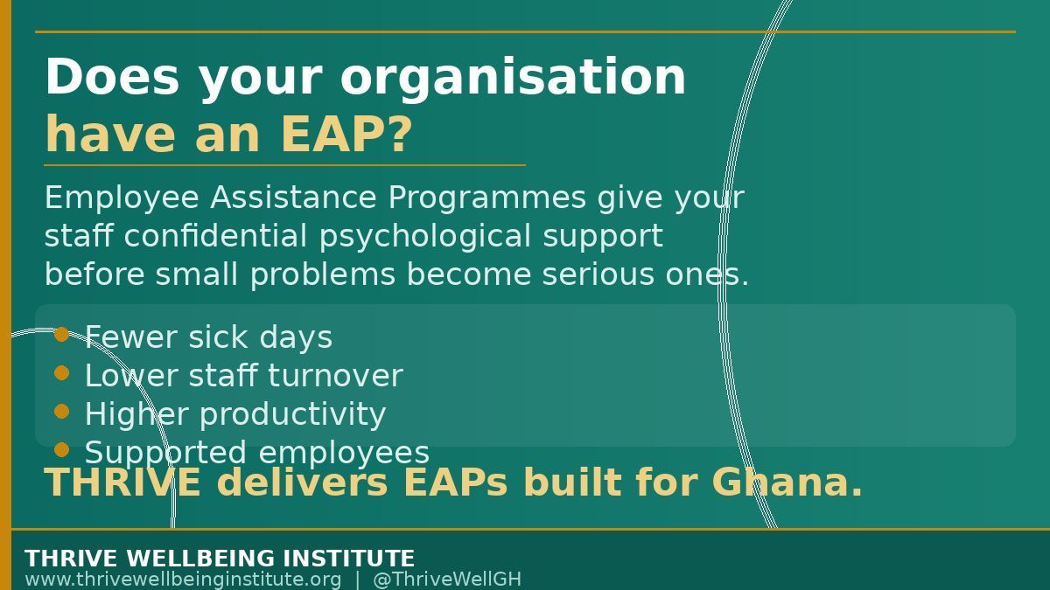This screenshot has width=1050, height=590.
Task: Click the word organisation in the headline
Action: point(513,78)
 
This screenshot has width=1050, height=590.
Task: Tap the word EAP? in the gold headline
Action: point(346,135)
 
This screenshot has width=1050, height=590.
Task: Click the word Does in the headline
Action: point(112,77)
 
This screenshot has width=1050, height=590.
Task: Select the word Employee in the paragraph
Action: point(122,198)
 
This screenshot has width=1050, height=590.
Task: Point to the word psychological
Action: point(425,237)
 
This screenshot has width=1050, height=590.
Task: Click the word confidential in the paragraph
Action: point(215,235)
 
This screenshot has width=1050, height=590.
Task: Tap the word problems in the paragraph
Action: point(323,274)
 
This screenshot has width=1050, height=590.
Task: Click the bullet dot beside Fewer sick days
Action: point(61,334)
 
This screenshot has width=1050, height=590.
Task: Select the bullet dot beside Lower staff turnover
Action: point(61,373)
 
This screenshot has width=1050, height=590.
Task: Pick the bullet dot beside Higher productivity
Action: point(61,412)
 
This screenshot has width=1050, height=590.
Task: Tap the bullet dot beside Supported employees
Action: point(61,450)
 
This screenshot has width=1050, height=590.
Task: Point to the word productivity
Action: point(293,415)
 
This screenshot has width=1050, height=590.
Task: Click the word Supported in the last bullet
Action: point(165,454)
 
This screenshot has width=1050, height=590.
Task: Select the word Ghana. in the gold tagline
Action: point(787,482)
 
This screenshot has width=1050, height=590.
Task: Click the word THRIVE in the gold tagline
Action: point(122,482)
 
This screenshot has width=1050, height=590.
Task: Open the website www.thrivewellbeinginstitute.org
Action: point(183,580)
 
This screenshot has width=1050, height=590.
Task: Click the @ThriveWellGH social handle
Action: point(447,580)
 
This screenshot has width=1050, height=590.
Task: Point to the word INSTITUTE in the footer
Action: point(346,559)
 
